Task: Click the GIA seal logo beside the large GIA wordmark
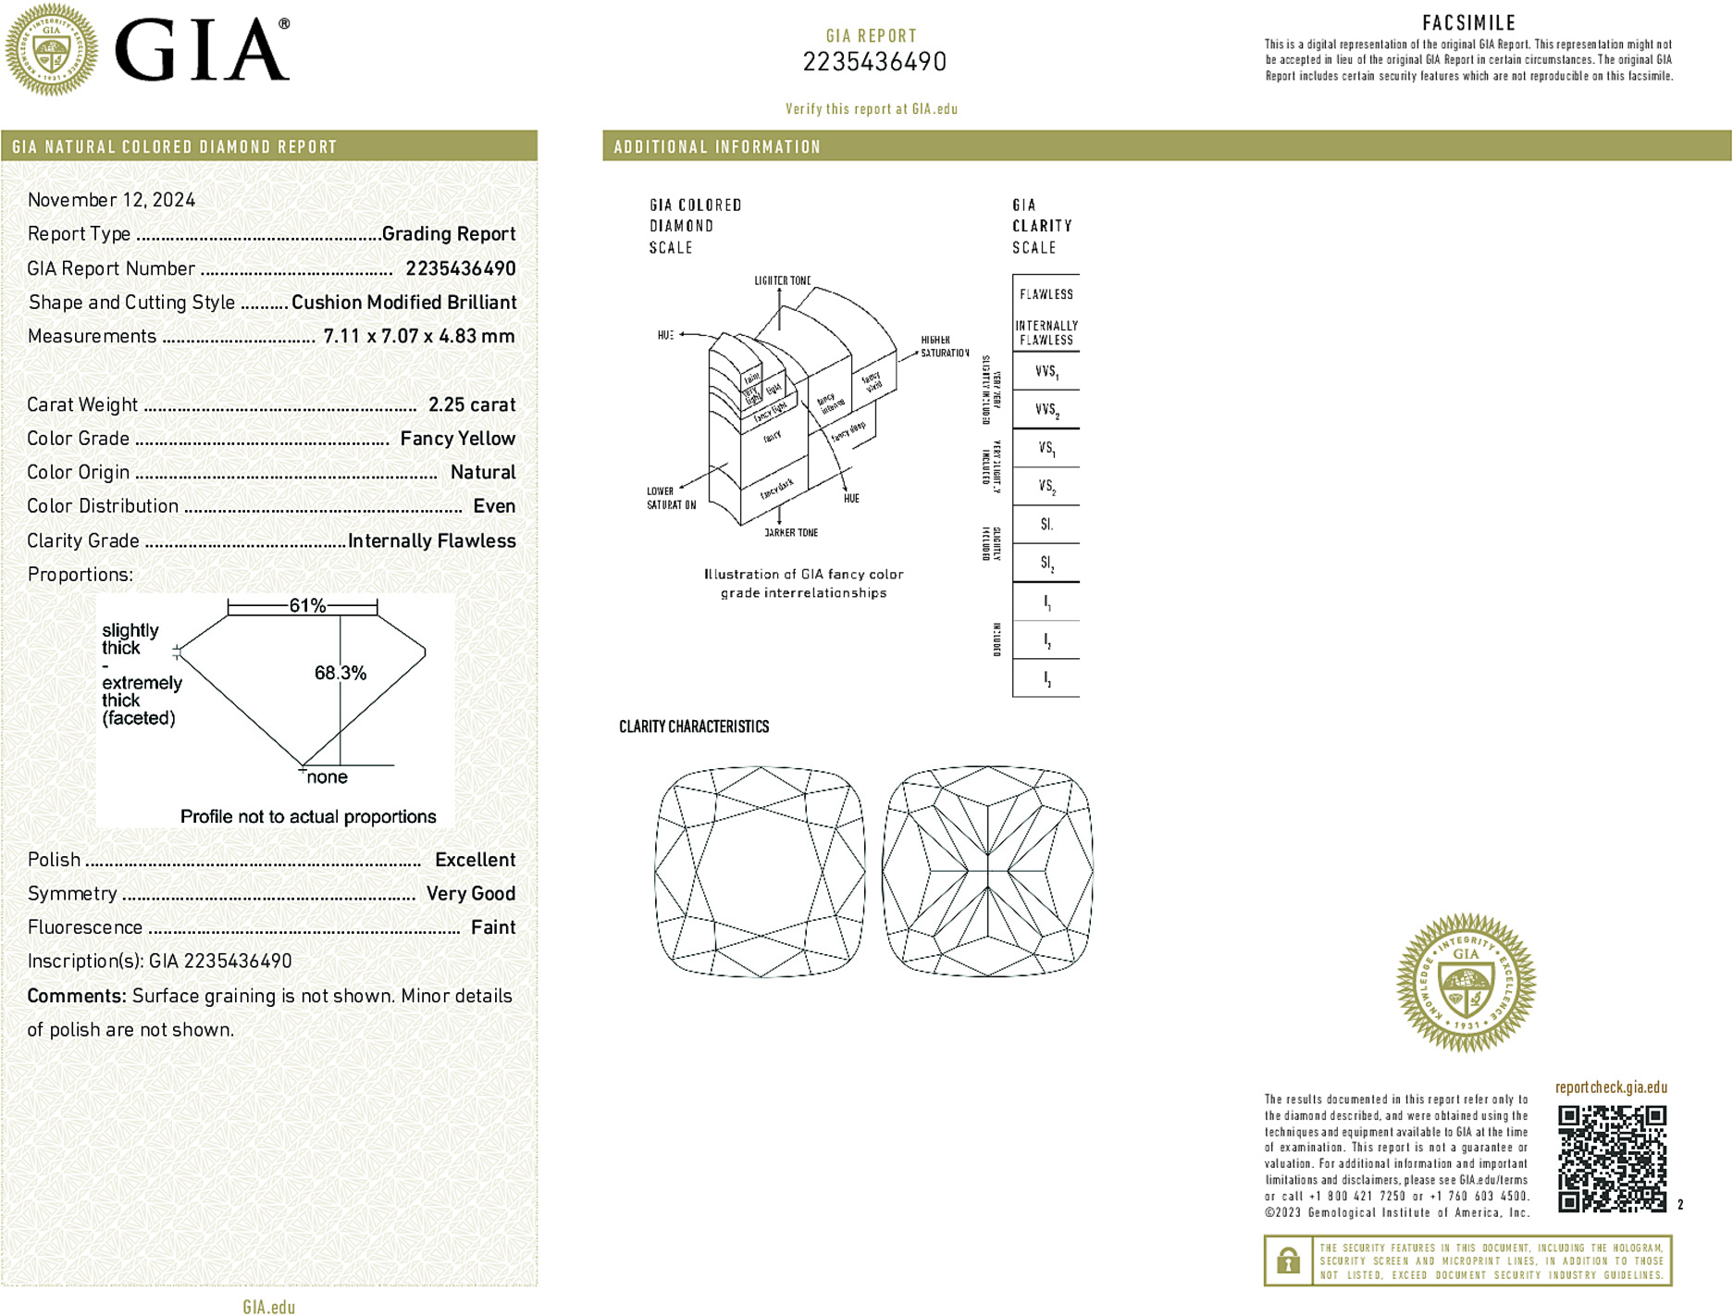(51, 50)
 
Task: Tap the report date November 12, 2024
(111, 200)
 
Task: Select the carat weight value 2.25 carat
(472, 404)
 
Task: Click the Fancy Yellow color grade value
(457, 439)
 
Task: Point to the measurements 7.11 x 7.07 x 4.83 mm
(418, 336)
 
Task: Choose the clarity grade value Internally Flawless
(431, 540)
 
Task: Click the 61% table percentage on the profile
(306, 605)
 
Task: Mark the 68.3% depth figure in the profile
(340, 673)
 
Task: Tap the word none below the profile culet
(327, 777)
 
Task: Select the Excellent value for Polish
(475, 860)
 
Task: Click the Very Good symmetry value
(470, 893)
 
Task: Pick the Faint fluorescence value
(493, 927)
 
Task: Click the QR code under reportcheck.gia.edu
(1612, 1158)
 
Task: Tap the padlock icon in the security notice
(1288, 1260)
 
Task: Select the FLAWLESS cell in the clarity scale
(1046, 294)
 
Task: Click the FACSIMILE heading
(1468, 23)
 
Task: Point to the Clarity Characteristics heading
(694, 726)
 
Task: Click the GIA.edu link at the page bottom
(269, 1307)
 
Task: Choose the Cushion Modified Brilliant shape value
(403, 303)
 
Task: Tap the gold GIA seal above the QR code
(1466, 983)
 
